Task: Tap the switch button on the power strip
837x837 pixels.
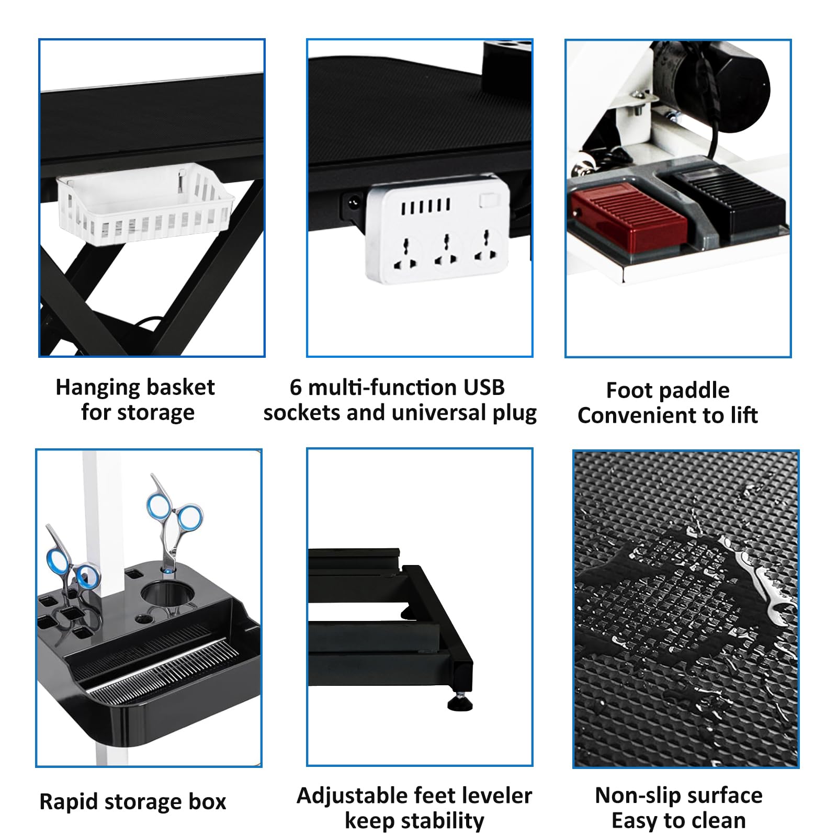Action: (x=487, y=199)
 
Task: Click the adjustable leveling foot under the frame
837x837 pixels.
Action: (x=460, y=701)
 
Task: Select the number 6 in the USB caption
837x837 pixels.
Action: (x=296, y=388)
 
